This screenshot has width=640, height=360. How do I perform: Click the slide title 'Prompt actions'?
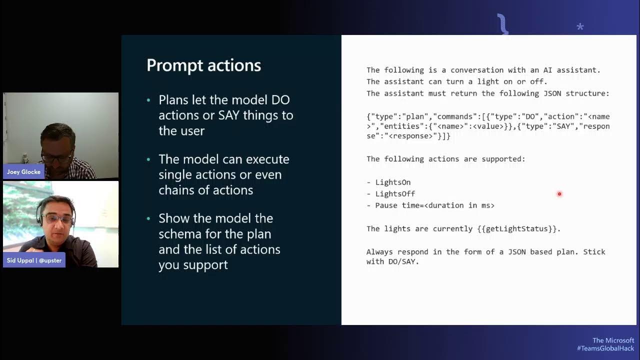[x=203, y=65]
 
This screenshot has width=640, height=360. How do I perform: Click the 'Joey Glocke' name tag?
[x=23, y=172]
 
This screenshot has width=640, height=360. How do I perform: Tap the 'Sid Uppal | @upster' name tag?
[x=34, y=260]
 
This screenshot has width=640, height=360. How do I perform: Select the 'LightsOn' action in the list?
[x=393, y=182]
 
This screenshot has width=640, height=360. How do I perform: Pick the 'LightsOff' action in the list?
[x=395, y=194]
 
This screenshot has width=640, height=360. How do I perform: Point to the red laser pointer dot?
[x=559, y=194]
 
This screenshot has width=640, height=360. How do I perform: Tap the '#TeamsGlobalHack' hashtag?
[x=605, y=348]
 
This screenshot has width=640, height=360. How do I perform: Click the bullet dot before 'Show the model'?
[x=148, y=219]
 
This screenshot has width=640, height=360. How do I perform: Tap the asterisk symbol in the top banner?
[x=580, y=27]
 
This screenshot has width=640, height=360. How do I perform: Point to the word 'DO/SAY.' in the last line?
[x=403, y=261]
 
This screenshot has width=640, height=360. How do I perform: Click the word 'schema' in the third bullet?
[x=179, y=234]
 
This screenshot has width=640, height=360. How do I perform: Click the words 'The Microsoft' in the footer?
[x=613, y=340]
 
